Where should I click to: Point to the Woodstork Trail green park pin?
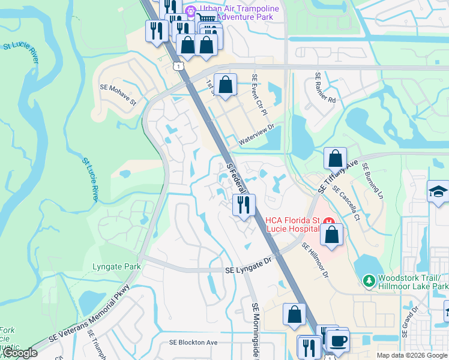pos(368,280)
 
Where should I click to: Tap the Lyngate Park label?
pos(116,266)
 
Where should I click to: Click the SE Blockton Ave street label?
pos(193,343)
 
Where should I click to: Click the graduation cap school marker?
pos(438,192)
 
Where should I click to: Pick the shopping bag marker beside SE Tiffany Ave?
pos(335,159)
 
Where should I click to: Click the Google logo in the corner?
pos(20,353)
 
